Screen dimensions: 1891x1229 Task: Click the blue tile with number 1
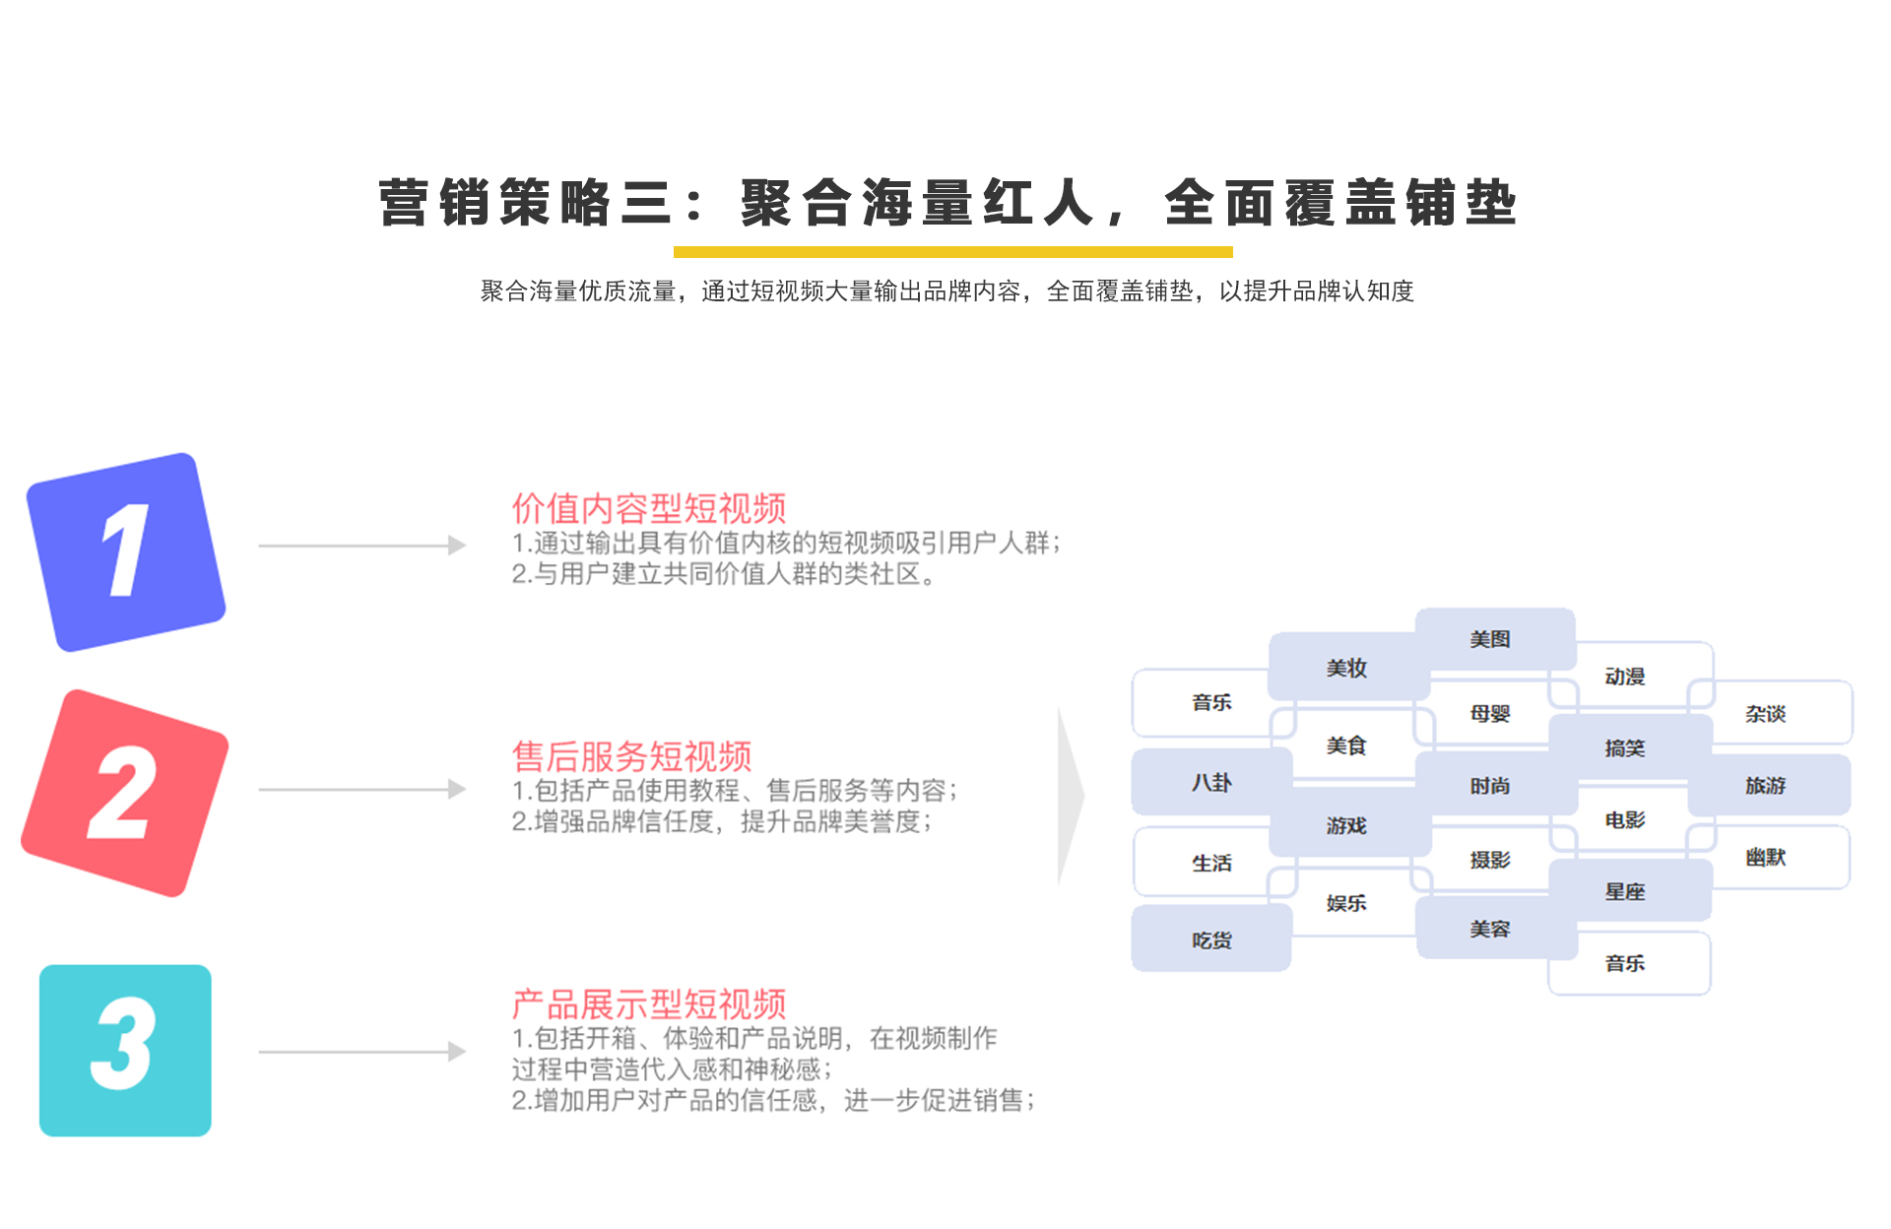click(126, 551)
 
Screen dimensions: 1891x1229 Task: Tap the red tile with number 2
click(125, 793)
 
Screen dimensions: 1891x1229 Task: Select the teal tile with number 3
click(125, 1050)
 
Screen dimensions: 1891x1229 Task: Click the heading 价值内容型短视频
click(649, 508)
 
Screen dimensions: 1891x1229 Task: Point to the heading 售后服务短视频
click(631, 756)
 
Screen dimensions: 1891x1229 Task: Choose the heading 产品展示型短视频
click(649, 1004)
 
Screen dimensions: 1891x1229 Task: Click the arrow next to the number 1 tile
click(362, 545)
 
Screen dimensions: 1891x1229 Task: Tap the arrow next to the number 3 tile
click(362, 1051)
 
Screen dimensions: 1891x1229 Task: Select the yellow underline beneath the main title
click(953, 252)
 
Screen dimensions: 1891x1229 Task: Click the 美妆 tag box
click(1348, 667)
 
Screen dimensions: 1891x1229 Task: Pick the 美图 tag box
click(1495, 639)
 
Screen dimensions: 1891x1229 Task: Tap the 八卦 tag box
click(1211, 782)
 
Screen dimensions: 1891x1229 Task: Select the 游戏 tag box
click(1349, 825)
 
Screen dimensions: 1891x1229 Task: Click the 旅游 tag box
click(1769, 785)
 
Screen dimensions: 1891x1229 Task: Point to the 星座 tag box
click(1630, 890)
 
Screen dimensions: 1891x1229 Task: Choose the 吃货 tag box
click(1211, 938)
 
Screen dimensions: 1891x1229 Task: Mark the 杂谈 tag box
click(1770, 712)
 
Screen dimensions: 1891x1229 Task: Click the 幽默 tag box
click(1769, 857)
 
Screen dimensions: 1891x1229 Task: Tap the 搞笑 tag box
click(1630, 747)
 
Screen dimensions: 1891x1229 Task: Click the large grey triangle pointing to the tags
click(1070, 796)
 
